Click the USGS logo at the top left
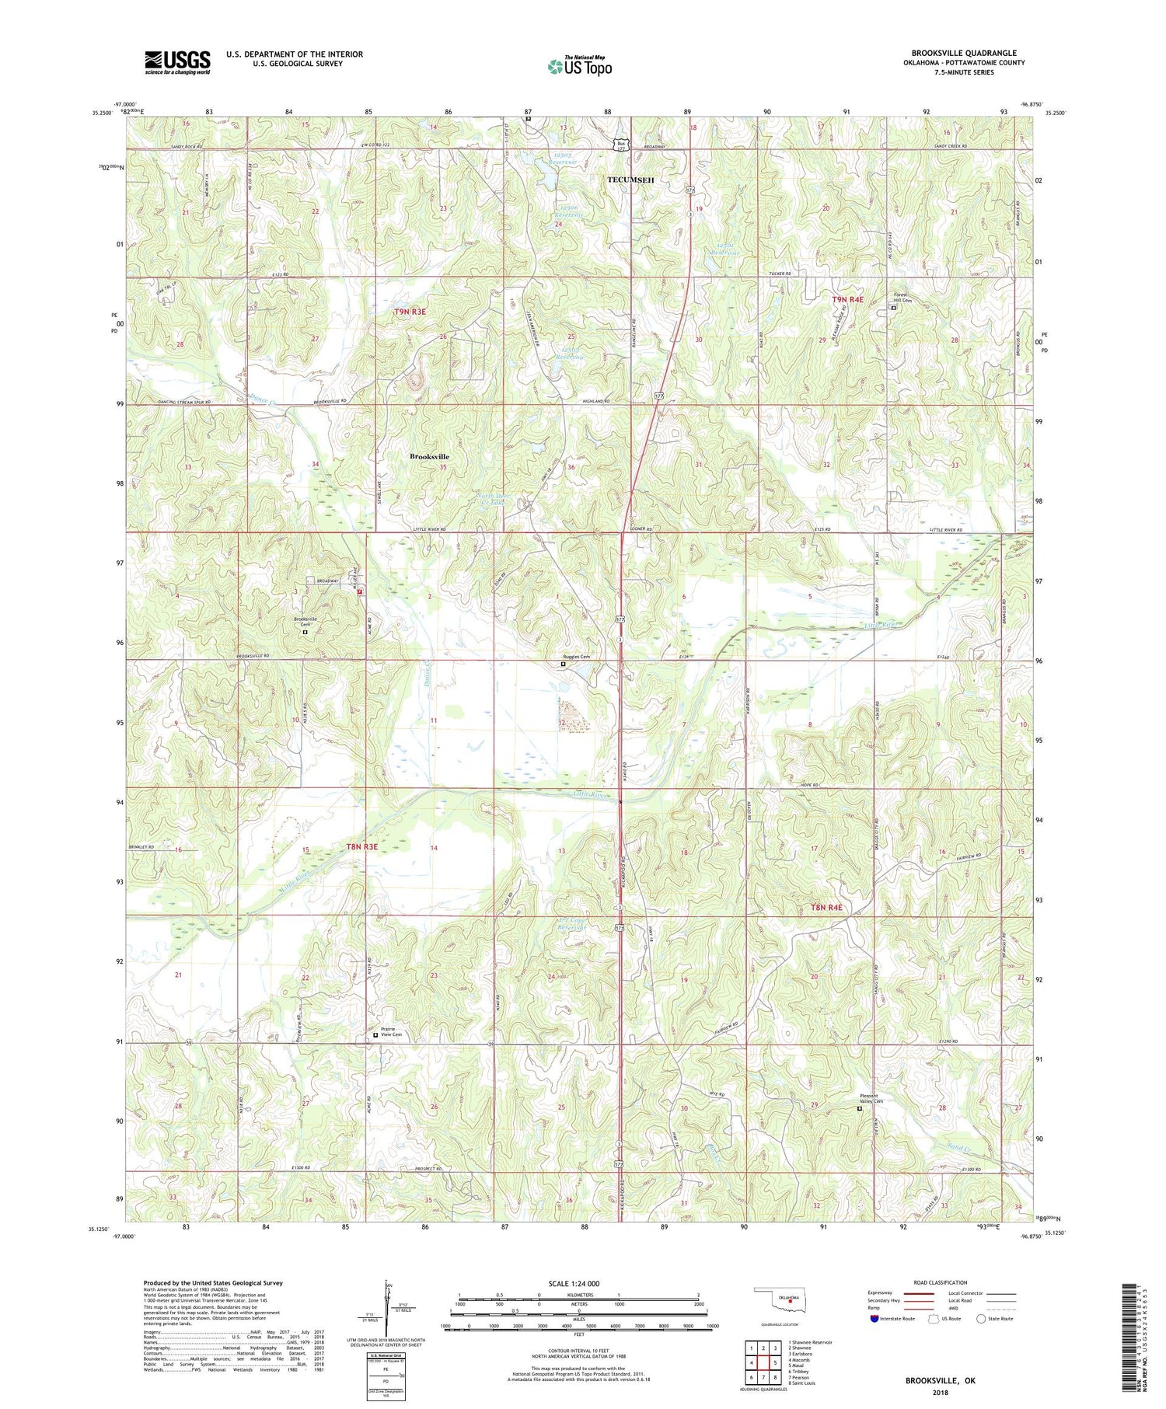pos(177,62)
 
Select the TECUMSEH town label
pos(630,180)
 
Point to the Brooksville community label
pos(429,457)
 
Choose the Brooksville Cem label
pos(305,622)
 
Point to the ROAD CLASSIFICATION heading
pos(941,1282)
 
